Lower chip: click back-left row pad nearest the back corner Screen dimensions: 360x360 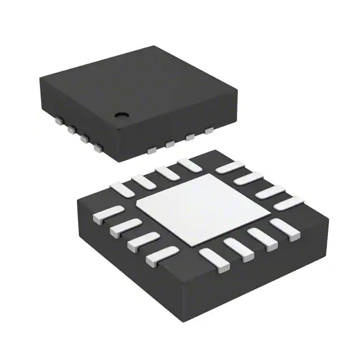185,164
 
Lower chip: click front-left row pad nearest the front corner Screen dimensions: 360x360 161,256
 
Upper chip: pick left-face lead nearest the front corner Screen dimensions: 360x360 99,149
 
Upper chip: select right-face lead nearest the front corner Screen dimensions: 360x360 151,150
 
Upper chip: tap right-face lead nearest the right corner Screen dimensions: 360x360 210,130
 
